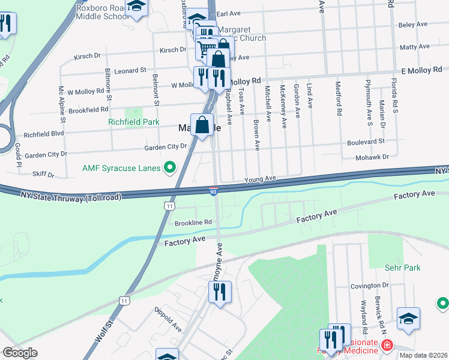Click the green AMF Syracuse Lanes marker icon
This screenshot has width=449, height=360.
pos(170,168)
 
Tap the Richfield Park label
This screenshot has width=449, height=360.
pos(133,122)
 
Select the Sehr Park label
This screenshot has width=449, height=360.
pos(403,268)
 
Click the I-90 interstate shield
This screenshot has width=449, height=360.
pos(214,191)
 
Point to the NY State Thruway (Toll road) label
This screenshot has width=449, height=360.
pos(71,196)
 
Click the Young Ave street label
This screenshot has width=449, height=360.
pos(259,179)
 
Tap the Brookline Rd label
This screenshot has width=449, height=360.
pos(193,222)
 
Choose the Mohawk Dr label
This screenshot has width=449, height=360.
pos(373,157)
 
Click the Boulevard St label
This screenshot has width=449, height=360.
pos(366,142)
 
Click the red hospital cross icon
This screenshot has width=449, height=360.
pos(387,346)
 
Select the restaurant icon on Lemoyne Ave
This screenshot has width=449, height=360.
pos(220,292)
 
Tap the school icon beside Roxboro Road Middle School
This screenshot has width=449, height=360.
pos(138,7)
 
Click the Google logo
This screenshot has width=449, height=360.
pos(19,353)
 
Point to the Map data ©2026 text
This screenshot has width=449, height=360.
pos(423,355)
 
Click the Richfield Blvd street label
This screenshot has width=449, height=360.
pos(43,134)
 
